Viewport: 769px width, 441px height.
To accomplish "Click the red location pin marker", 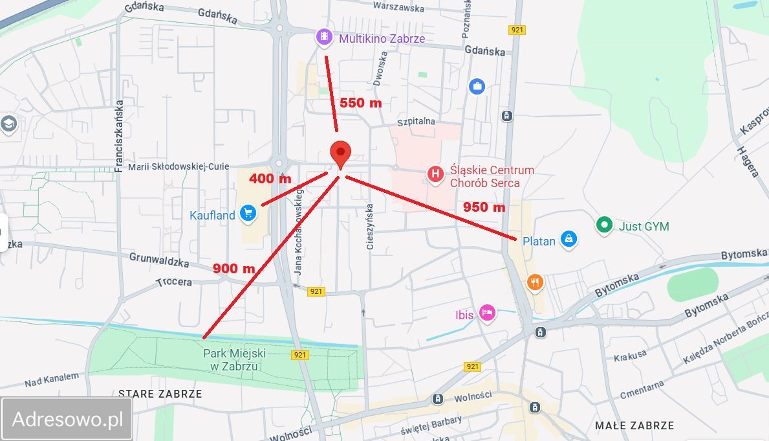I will [340, 154].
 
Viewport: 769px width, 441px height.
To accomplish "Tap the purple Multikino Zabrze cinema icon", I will [324, 38].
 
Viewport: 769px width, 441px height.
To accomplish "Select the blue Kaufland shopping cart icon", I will [247, 212].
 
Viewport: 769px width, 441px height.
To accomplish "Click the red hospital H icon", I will [436, 174].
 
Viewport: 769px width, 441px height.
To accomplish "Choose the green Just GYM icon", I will [604, 225].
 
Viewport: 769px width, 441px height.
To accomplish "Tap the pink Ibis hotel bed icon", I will [487, 313].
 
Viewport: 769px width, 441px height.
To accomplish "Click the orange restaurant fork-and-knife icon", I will [534, 282].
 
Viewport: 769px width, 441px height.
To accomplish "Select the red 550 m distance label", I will [360, 103].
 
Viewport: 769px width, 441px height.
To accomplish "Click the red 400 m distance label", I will [270, 179].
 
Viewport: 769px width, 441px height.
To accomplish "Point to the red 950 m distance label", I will [484, 207].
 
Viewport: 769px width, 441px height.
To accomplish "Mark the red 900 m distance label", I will [233, 268].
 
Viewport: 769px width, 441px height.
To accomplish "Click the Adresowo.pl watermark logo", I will [67, 419].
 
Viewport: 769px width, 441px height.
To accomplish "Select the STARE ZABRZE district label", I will [160, 394].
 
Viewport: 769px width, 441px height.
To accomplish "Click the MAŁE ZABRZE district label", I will [634, 425].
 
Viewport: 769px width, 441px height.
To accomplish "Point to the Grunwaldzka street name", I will [159, 260].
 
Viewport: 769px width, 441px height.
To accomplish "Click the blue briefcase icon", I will [477, 86].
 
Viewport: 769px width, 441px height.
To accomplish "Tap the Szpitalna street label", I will [416, 121].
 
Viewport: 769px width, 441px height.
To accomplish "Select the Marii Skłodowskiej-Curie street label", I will [179, 166].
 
